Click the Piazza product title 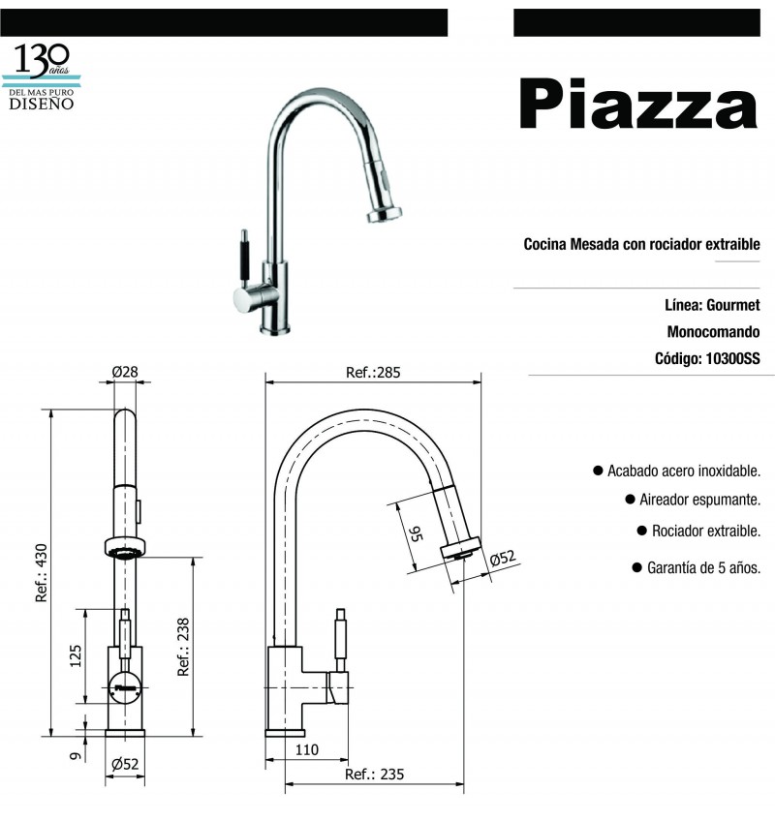click(637, 104)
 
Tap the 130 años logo click(42, 77)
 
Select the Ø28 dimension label click(125, 372)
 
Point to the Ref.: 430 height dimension click(42, 573)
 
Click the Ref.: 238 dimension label click(183, 647)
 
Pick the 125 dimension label click(76, 656)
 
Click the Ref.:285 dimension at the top click(373, 373)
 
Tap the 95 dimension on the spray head click(416, 534)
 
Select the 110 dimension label click(306, 749)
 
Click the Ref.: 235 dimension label click(374, 775)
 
